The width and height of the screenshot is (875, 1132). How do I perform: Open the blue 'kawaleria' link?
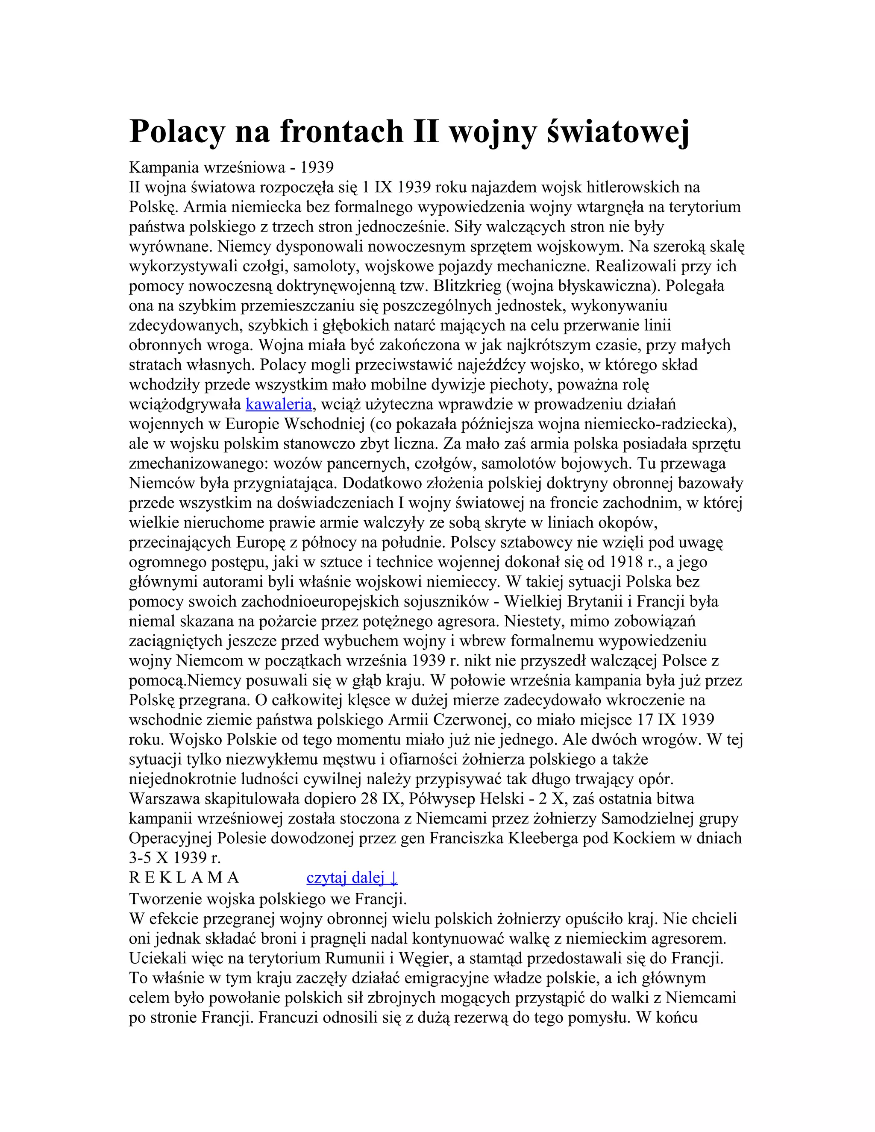pyautogui.click(x=279, y=404)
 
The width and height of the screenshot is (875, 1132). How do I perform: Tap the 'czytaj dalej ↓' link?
pyautogui.click(x=352, y=877)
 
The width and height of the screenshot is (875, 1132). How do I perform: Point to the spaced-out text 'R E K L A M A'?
pyautogui.click(x=184, y=877)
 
